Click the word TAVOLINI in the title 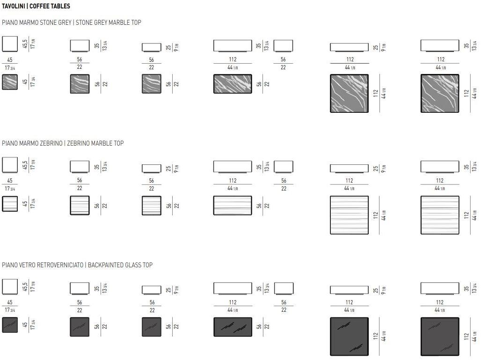click(13, 6)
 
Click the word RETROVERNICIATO click(60, 265)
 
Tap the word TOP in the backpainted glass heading click(147, 265)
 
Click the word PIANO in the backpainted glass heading click(9, 265)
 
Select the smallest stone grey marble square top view click(10, 82)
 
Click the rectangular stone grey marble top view click(233, 84)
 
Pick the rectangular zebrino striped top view click(233, 206)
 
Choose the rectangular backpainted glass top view click(233, 327)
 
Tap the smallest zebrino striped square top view click(10, 204)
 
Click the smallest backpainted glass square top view click(10, 325)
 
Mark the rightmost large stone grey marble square click(440, 93)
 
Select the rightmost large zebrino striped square click(440, 215)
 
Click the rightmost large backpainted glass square click(440, 337)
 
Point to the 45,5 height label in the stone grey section click(25, 44)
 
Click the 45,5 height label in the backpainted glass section click(25, 287)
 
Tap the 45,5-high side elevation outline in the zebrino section click(10, 165)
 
